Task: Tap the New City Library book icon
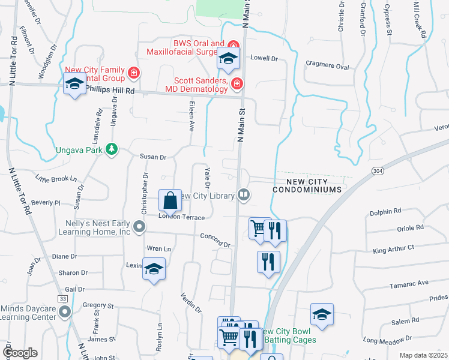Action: point(244,194)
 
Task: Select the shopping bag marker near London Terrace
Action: point(170,200)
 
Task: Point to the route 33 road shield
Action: point(62,298)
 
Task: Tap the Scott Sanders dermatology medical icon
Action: point(237,83)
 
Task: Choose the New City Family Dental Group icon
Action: point(134,74)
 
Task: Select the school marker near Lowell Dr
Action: point(228,58)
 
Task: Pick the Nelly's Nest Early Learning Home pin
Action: point(139,227)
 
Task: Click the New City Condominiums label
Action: point(306,185)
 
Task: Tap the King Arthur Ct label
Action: point(394,248)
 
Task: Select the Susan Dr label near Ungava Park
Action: point(152,157)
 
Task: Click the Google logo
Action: point(19,353)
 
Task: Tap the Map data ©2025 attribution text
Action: point(423,355)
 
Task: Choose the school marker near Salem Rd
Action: point(322,314)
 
